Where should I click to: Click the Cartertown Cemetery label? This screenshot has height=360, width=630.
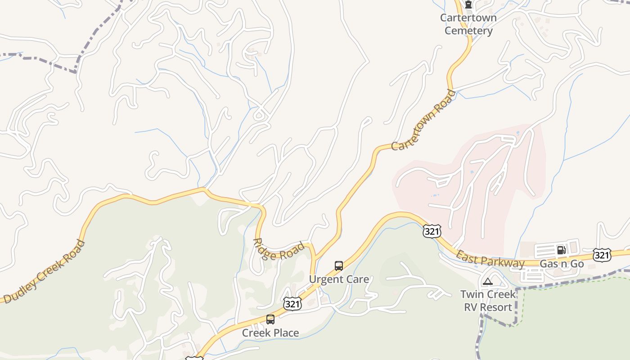(468, 24)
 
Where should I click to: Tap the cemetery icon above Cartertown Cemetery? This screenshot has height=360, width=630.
(468, 5)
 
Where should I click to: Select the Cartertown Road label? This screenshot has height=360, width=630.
(423, 120)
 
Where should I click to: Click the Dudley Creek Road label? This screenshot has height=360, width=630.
(44, 272)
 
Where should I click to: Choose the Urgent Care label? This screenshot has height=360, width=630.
(339, 279)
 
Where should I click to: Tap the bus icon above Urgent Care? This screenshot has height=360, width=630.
(339, 266)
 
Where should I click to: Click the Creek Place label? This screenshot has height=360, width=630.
(270, 333)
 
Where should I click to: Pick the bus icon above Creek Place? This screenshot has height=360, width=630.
(270, 319)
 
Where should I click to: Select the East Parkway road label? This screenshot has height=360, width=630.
(490, 260)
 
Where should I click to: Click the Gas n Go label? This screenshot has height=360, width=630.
(562, 264)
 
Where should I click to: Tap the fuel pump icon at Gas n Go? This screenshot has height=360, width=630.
(561, 250)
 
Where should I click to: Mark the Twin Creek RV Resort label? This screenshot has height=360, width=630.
(488, 301)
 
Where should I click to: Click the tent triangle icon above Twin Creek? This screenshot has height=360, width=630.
(488, 282)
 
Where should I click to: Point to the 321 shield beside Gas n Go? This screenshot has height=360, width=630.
(602, 255)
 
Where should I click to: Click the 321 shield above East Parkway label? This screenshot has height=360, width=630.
(432, 231)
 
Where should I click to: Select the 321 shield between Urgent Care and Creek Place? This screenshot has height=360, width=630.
(292, 304)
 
